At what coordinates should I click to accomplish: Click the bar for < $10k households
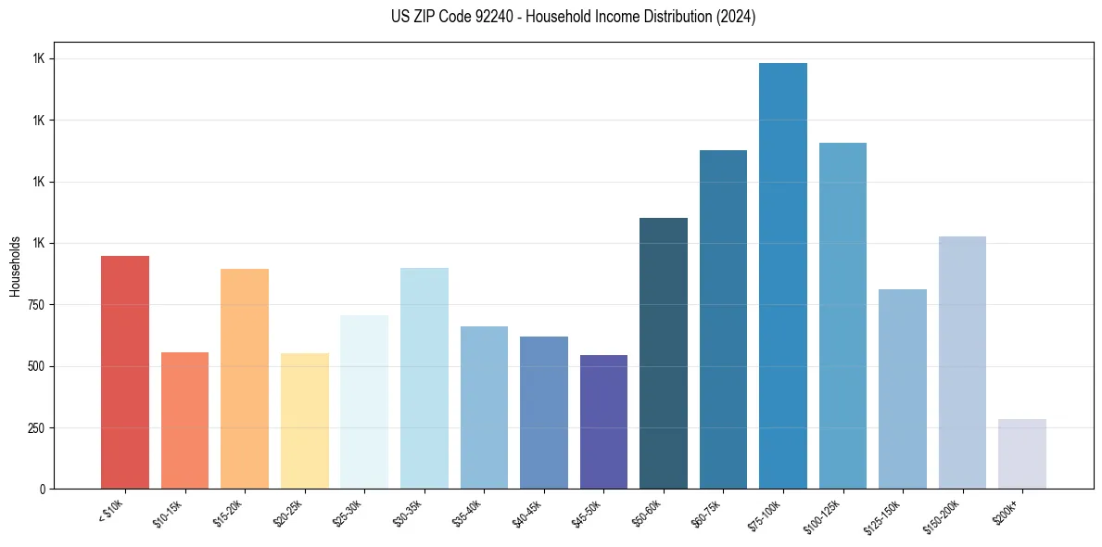(x=125, y=372)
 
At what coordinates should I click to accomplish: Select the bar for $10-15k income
(x=184, y=420)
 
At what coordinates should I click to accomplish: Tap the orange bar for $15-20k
(x=245, y=378)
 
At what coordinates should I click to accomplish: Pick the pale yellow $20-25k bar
(x=304, y=421)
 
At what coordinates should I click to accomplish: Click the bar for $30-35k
(x=424, y=378)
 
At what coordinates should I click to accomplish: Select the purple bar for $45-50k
(x=603, y=422)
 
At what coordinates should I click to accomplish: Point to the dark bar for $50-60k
(x=664, y=353)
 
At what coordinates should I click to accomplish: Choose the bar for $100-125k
(x=842, y=315)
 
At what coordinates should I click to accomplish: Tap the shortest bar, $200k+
(x=1022, y=453)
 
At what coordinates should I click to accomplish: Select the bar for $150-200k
(x=962, y=363)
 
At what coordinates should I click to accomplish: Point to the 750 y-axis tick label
(x=35, y=305)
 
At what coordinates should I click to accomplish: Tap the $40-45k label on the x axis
(x=526, y=513)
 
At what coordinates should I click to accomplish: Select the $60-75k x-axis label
(x=706, y=513)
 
